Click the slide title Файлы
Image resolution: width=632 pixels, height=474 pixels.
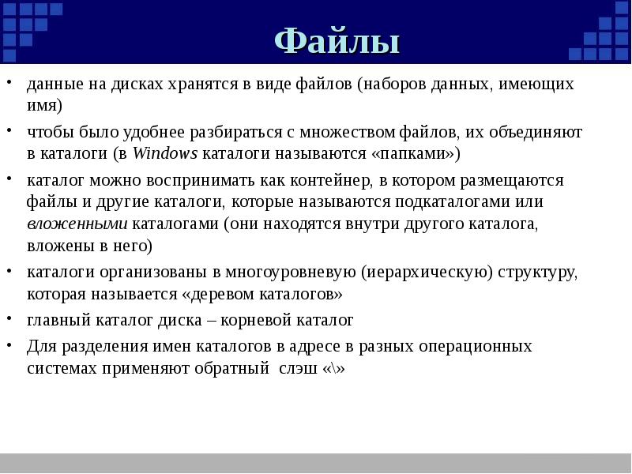[337, 41]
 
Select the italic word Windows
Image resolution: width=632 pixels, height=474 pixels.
[166, 152]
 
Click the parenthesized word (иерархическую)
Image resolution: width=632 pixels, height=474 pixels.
[427, 273]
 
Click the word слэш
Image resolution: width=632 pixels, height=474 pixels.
[299, 369]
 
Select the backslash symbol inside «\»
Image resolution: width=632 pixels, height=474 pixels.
[335, 369]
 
